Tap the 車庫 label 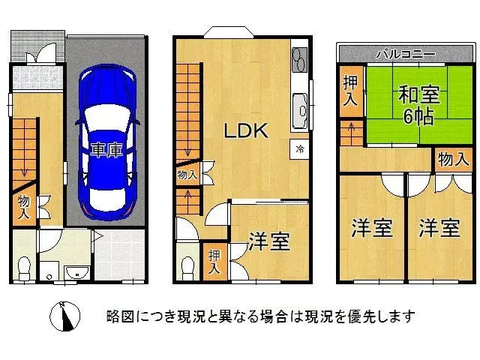[x=106, y=150]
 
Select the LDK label [x=246, y=130]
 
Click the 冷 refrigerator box [x=300, y=148]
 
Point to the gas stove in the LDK [x=299, y=58]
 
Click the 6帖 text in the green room [x=418, y=117]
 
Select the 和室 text [x=418, y=96]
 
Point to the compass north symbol [x=65, y=316]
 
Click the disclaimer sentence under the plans [x=260, y=316]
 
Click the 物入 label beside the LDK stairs [x=187, y=175]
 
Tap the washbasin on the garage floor [x=76, y=272]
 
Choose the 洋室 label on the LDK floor [x=269, y=241]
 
